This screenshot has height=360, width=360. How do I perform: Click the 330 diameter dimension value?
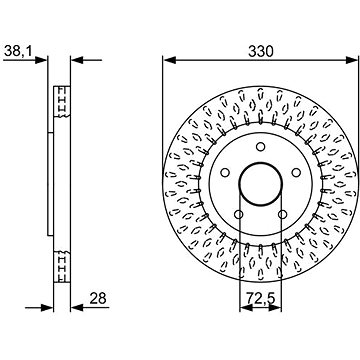point(261,51)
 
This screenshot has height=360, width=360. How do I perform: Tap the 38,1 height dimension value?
point(18,51)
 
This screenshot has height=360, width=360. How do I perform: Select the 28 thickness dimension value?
point(98,298)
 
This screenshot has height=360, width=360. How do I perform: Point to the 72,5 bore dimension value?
point(261,298)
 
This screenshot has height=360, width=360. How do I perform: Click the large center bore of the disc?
point(261,183)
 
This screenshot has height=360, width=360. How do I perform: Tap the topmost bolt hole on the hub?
point(261,147)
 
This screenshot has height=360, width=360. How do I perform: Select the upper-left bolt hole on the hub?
point(225,172)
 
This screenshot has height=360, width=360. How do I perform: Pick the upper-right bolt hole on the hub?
point(296,172)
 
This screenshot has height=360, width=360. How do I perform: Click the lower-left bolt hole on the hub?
point(239,214)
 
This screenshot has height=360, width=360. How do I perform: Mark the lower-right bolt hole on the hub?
point(283,214)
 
